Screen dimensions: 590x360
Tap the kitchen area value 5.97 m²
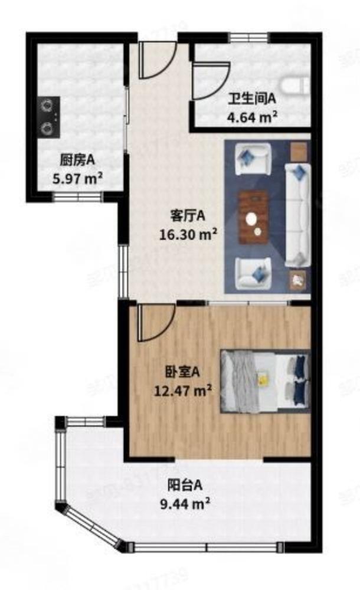tap(78, 176)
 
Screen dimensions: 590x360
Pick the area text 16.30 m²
tap(188, 234)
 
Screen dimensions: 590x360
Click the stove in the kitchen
tap(48, 116)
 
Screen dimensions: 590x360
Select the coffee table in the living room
tap(254, 217)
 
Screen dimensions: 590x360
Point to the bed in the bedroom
tap(265, 381)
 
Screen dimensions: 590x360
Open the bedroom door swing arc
tap(155, 323)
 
